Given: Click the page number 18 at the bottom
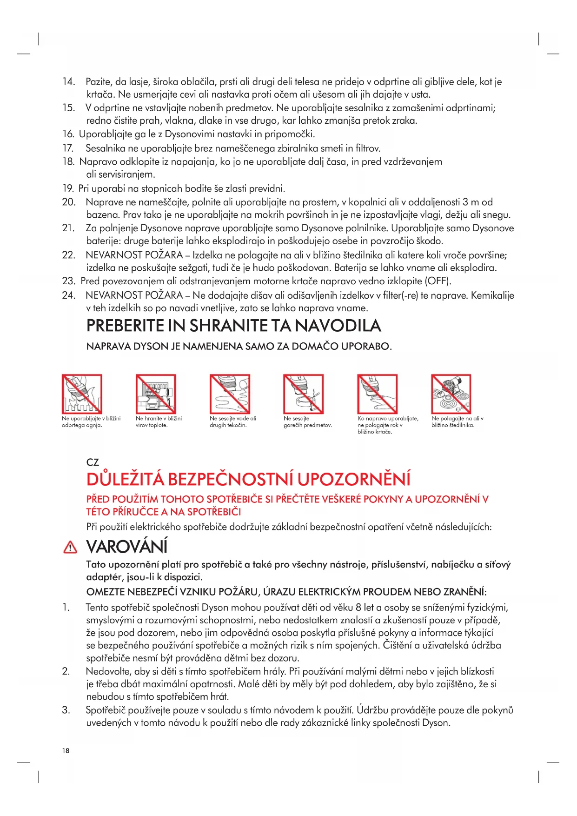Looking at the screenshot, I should coord(66,750).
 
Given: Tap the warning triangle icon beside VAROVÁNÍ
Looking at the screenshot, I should coord(70,548).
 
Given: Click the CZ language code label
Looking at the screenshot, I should coord(93,462).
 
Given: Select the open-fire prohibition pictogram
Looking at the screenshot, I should coord(82,394).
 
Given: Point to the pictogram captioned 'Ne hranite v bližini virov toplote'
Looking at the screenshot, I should coord(156,394).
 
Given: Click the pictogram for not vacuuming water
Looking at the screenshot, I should coord(230,394).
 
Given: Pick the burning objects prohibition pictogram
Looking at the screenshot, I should coord(303,394).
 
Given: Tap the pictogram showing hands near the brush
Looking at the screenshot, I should coord(377,394).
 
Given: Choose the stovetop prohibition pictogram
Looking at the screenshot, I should coord(451,394).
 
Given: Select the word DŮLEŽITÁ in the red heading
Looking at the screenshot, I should coord(125,480).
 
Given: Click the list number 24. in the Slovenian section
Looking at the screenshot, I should coord(69,295).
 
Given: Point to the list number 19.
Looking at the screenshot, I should coord(68,188).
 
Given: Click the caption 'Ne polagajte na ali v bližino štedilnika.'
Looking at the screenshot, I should coord(457,421).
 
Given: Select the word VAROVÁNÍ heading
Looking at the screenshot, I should coord(127,547).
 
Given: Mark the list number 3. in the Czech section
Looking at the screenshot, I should coord(66,710).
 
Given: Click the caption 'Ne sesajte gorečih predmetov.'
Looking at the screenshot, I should coord(308,421).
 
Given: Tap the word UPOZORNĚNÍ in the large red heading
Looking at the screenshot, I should coord(354,480).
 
